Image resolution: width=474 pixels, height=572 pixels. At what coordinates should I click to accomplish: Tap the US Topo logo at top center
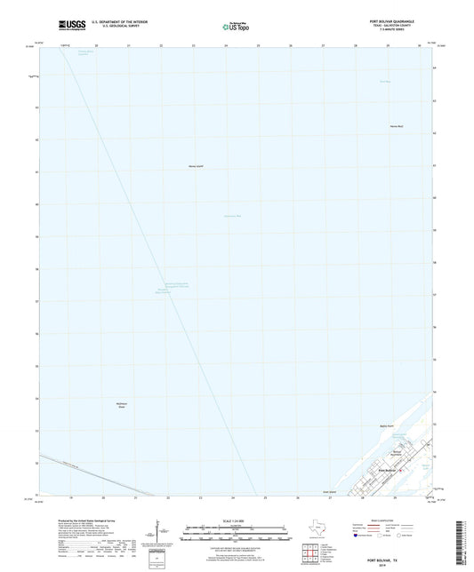pyautogui.click(x=230, y=28)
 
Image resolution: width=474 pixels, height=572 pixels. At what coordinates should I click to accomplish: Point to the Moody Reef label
pyautogui.click(x=197, y=166)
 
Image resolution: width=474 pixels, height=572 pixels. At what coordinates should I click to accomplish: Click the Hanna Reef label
pyautogui.click(x=397, y=126)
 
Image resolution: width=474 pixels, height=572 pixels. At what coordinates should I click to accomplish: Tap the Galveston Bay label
pyautogui.click(x=232, y=217)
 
